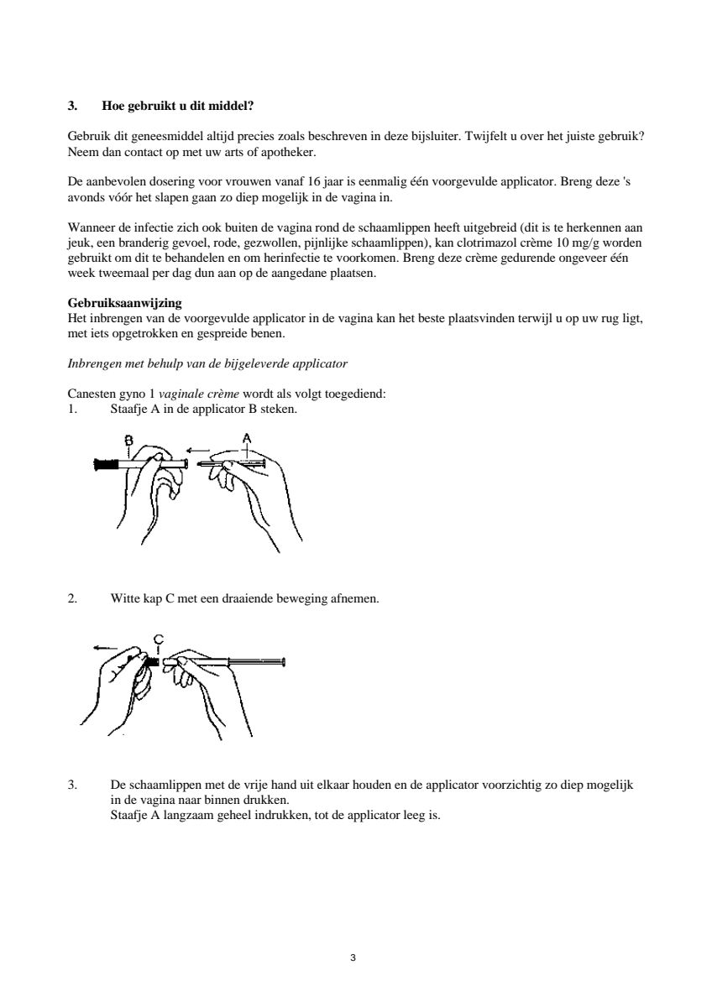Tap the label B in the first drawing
click(x=129, y=440)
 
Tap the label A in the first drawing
click(x=247, y=437)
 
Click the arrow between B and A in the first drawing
click(x=198, y=450)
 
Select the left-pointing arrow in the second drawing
click(x=105, y=647)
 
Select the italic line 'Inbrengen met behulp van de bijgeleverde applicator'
click(x=207, y=363)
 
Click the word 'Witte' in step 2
click(x=123, y=599)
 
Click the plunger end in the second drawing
click(x=284, y=662)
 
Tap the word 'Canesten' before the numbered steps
click(x=88, y=394)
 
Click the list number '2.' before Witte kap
click(x=72, y=599)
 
